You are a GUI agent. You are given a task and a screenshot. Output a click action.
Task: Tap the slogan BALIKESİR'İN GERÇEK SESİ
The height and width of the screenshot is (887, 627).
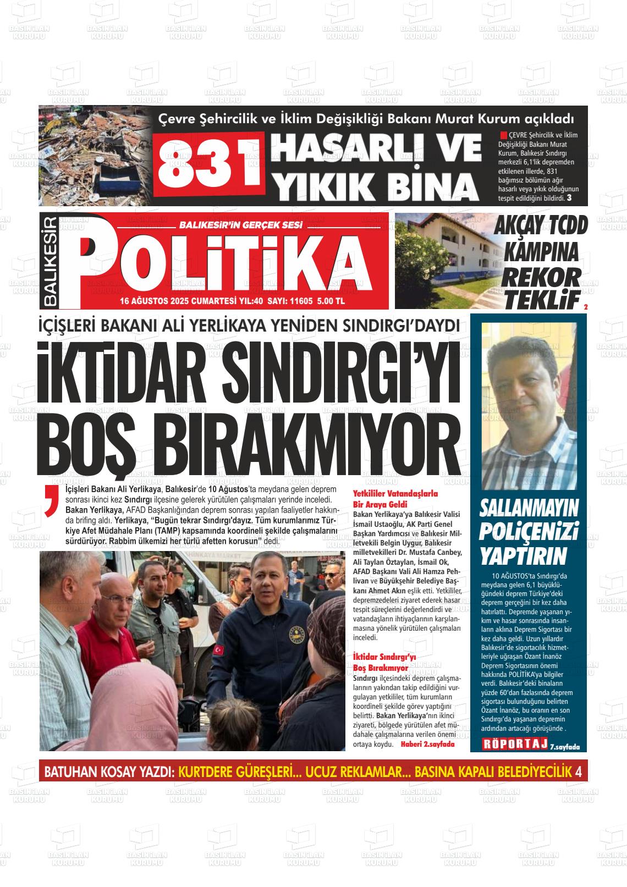point(241,224)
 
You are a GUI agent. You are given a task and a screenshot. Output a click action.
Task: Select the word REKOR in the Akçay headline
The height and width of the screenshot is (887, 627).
point(540,277)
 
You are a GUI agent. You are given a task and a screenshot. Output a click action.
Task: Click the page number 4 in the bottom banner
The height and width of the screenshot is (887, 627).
point(577,772)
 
